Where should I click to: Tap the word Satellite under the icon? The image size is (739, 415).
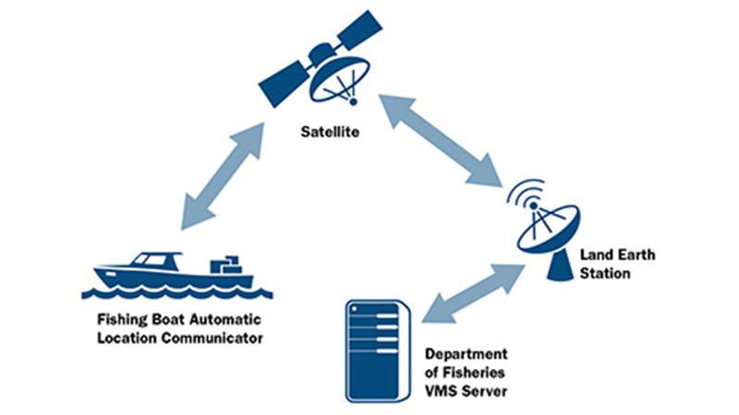click(328, 132)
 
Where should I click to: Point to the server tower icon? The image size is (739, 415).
click(377, 350)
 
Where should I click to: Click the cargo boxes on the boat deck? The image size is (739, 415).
click(225, 266)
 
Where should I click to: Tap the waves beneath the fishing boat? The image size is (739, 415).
click(176, 294)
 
